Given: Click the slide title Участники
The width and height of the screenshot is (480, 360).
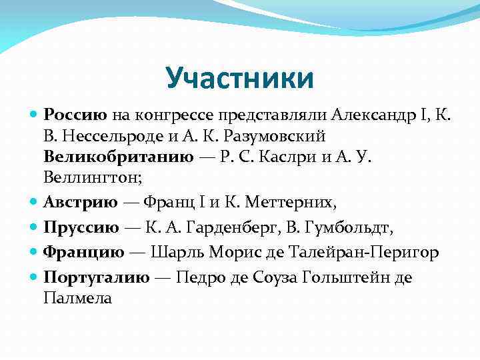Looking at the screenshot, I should (x=239, y=77).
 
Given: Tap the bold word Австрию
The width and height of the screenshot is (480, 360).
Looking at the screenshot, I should (x=81, y=201).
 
